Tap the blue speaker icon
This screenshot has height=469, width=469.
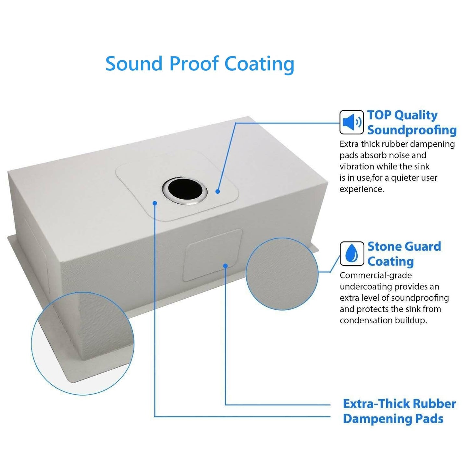click(352, 122)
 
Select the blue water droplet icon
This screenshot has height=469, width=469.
click(352, 253)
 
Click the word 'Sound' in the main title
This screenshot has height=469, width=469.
click(134, 64)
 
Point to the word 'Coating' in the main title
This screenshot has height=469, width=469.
click(259, 65)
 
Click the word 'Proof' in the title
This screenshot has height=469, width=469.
click(193, 64)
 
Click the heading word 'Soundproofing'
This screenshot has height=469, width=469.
click(412, 130)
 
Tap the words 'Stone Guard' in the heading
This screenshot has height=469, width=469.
click(404, 247)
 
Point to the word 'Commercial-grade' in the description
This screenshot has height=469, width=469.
click(376, 275)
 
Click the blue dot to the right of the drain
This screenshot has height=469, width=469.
click(218, 191)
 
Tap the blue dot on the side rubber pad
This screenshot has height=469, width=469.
click(225, 265)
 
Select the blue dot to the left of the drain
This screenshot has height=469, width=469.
click(155, 203)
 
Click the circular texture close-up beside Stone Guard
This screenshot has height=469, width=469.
click(282, 274)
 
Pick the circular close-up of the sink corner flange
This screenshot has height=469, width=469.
click(82, 343)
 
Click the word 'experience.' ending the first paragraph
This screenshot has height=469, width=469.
click(362, 189)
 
